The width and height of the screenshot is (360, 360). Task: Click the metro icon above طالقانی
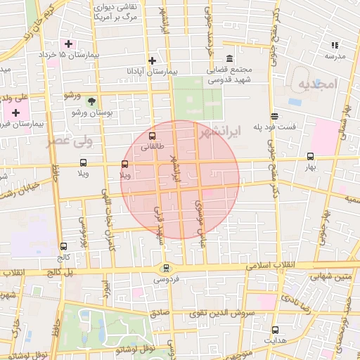point(153,136)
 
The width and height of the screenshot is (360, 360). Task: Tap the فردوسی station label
point(166,278)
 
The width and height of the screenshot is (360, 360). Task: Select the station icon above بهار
point(311,157)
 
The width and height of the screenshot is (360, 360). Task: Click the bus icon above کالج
point(65,247)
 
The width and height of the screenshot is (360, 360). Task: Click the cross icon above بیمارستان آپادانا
point(152,60)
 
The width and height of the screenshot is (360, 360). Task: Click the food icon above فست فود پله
point(274,117)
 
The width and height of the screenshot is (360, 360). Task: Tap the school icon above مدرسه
point(335,45)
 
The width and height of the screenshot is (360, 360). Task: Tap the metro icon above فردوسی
point(166,267)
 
